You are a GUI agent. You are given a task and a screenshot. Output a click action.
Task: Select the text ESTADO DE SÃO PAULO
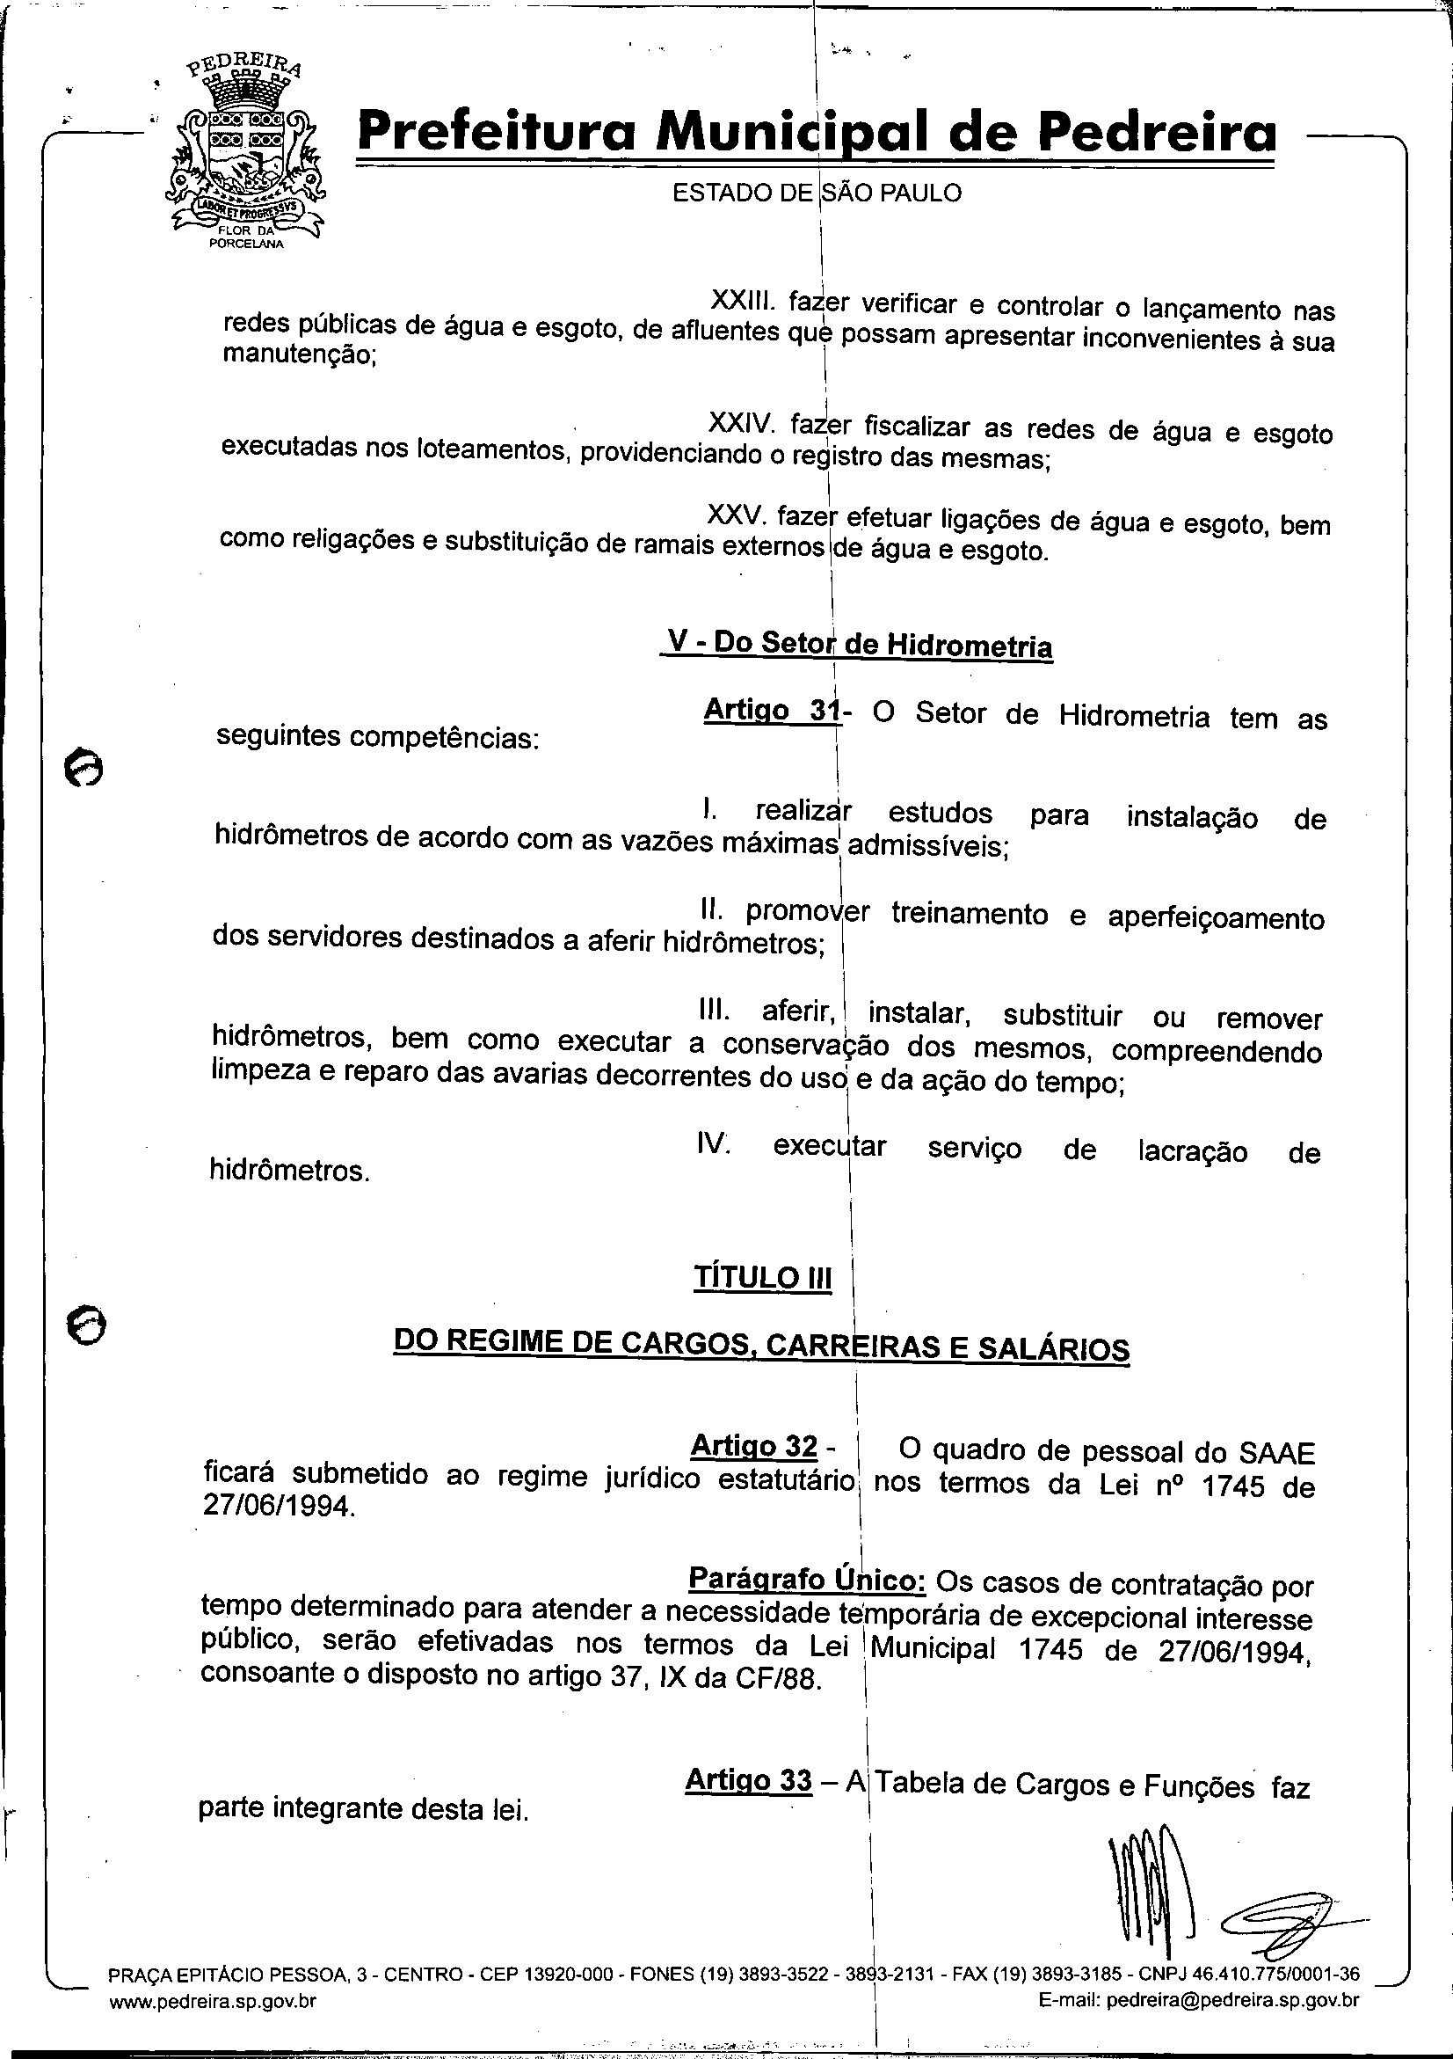click(x=817, y=193)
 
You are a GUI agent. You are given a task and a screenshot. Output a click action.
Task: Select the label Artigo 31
click(x=772, y=711)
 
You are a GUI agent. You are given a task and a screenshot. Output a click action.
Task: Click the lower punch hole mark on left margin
click(x=86, y=1323)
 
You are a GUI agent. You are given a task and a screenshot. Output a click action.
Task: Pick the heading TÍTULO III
click(x=762, y=1278)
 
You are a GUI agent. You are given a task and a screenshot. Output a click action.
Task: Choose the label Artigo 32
click(x=754, y=1446)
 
